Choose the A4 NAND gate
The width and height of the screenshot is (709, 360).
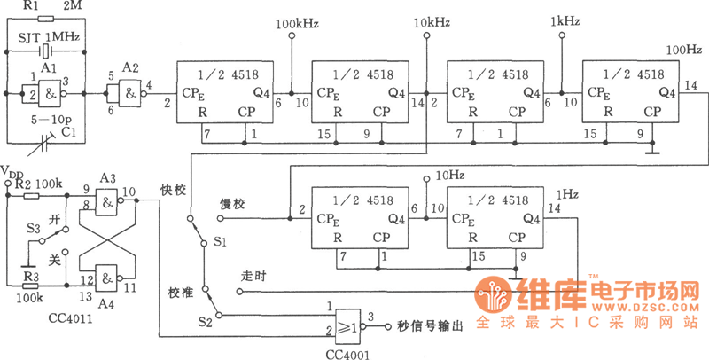click(108, 279)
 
